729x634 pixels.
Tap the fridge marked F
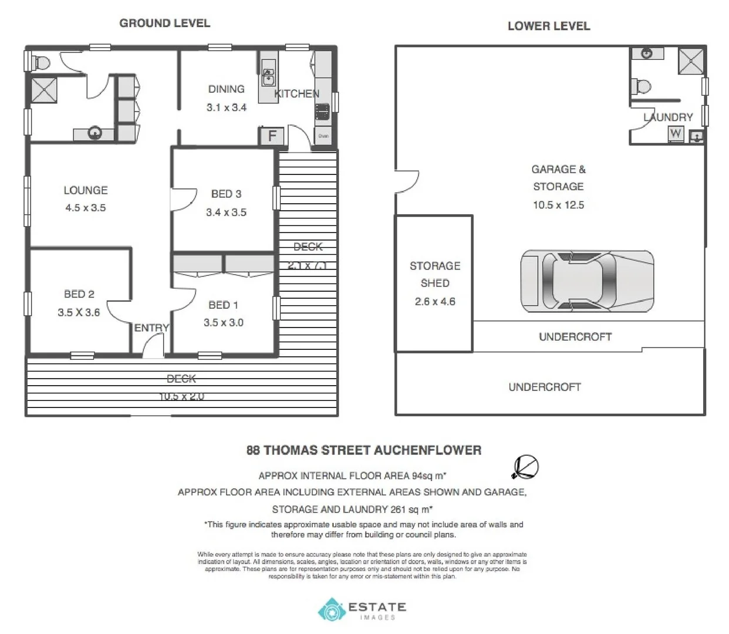coord(272,136)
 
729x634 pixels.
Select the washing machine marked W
coord(676,133)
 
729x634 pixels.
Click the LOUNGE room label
coord(86,190)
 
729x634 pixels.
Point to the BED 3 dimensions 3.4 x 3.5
coord(226,213)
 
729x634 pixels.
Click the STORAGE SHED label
coord(434,274)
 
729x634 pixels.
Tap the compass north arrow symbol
coord(525,467)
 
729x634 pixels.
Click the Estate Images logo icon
coord(330,610)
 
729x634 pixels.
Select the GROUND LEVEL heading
coord(164,23)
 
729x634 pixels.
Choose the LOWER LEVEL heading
coord(548,26)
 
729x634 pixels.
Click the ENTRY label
coord(151,328)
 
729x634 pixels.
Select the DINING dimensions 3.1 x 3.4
coord(226,107)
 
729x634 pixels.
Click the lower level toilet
coord(642,87)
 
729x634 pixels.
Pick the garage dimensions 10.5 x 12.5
coord(558,205)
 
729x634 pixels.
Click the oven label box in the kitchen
coord(323,136)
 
